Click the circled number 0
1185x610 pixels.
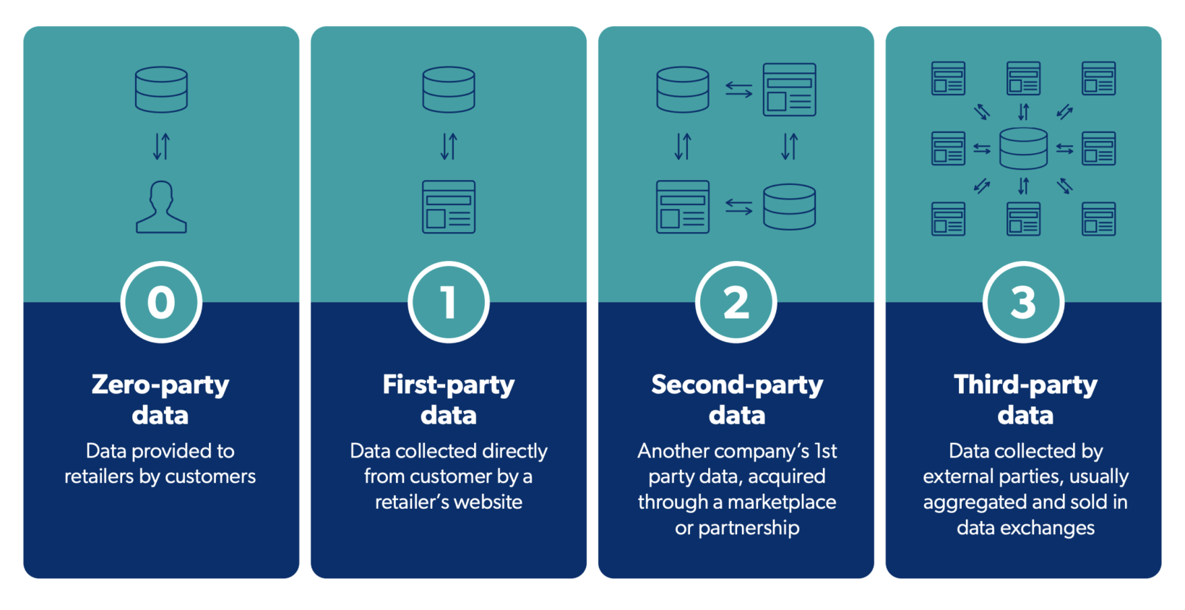161,302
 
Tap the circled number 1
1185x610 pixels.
449,302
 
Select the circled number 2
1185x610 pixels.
736,302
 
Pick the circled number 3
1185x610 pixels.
1023,302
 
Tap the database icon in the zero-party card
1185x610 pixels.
161,90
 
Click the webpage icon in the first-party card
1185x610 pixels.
449,207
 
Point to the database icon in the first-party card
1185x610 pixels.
449,90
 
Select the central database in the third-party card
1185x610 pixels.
1023,148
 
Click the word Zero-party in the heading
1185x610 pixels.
160,385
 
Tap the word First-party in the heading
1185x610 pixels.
449,385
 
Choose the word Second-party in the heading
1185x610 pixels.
737,385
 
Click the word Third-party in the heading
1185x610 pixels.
1025,385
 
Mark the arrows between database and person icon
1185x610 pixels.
161,147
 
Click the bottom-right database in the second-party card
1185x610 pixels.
790,207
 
